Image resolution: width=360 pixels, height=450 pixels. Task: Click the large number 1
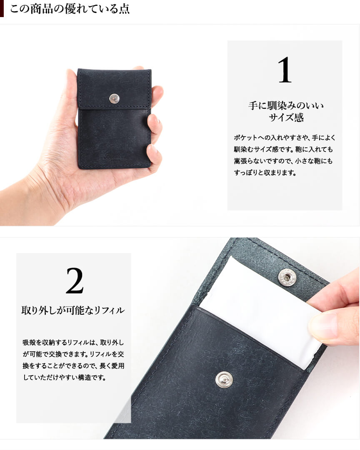pos(285,70)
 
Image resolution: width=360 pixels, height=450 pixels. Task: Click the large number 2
pos(75,281)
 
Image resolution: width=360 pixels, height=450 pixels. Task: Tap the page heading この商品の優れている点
pos(70,9)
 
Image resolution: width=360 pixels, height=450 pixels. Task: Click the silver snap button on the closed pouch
pos(114,98)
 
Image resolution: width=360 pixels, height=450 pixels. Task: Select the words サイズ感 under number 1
pos(286,117)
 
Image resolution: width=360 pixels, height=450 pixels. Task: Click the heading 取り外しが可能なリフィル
pos(73,310)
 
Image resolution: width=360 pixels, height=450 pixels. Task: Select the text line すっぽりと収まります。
pos(265,173)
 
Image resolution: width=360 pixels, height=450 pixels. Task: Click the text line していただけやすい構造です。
pos(65,378)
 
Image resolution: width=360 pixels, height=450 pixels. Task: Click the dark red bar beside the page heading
pos(2,9)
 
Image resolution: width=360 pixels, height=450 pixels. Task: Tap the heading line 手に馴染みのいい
pos(286,106)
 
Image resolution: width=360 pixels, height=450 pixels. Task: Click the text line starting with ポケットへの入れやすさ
pos(285,138)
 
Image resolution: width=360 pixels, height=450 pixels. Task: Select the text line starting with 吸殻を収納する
pos(73,343)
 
